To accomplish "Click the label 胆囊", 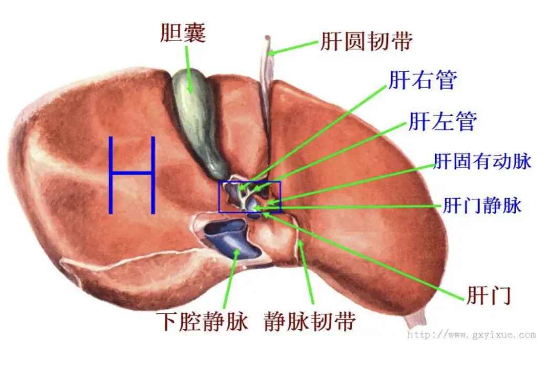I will (183, 33).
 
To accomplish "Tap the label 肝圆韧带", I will (366, 42).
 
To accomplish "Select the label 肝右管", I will (423, 80).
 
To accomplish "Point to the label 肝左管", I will (442, 121).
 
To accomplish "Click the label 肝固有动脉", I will (482, 162).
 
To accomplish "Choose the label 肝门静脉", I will (482, 205).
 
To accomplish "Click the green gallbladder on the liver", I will (196, 115).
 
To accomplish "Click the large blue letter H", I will (132, 175).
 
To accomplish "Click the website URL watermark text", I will (471, 334).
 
